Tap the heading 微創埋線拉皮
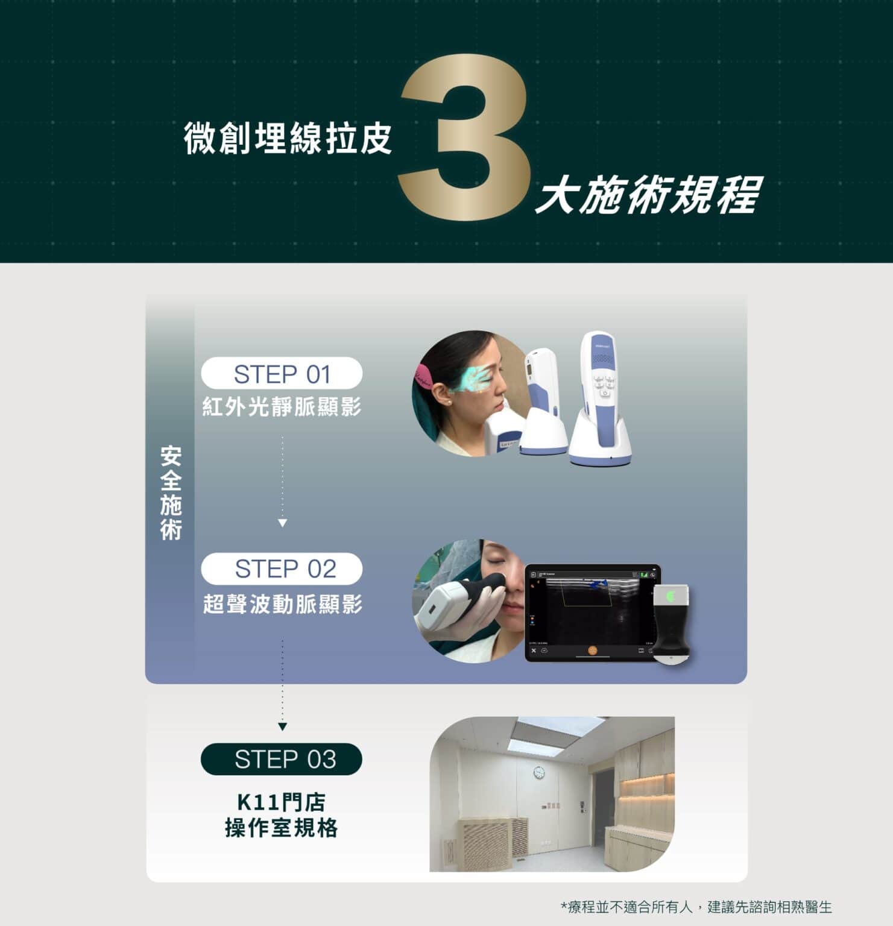[288, 138]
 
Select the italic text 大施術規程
[648, 195]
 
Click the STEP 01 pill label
[282, 374]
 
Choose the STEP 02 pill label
[282, 569]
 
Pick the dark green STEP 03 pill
[282, 759]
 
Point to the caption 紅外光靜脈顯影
[282, 407]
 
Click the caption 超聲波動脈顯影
[282, 603]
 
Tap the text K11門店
[281, 802]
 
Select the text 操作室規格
[281, 828]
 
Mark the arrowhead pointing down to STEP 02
[282, 523]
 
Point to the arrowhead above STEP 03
[282, 727]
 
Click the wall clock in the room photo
[538, 773]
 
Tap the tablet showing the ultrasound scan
[593, 613]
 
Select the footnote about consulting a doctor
[696, 907]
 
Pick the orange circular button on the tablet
[593, 650]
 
